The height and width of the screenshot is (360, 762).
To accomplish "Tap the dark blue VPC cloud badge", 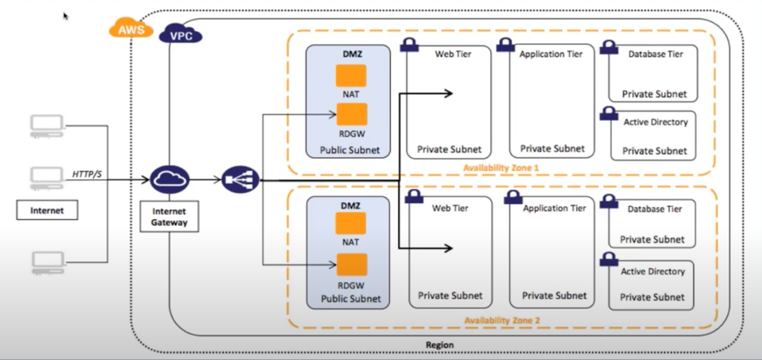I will [x=181, y=34].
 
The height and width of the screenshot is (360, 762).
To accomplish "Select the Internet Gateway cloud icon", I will [x=169, y=179].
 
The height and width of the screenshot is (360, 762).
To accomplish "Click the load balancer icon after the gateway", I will [x=240, y=179].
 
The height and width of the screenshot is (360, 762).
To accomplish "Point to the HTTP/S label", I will [x=88, y=173].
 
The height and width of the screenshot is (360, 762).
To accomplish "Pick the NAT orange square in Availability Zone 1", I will [x=351, y=76].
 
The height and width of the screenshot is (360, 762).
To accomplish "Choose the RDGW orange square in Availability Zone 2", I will [x=351, y=265].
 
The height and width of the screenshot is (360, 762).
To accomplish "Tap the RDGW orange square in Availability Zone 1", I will [x=351, y=115].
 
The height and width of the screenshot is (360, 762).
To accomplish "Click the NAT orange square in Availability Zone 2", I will [x=351, y=223].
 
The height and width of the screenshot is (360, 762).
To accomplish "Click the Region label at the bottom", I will [x=440, y=345].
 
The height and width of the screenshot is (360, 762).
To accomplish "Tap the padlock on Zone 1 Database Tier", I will [x=608, y=47].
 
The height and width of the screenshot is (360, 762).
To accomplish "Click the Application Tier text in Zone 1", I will [x=551, y=55].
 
